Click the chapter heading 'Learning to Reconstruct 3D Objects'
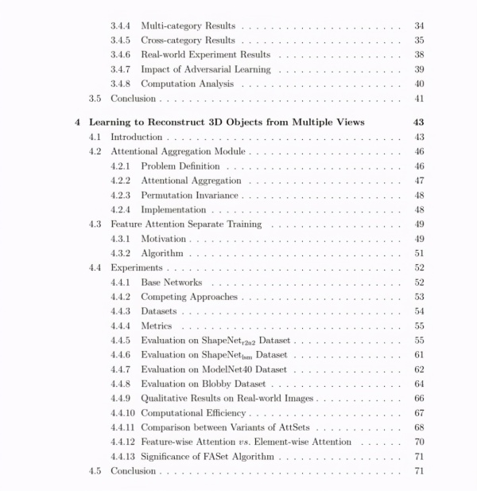(x=227, y=123)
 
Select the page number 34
(x=418, y=26)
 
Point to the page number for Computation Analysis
(x=418, y=84)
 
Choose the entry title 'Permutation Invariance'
(x=189, y=195)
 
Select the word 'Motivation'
(x=163, y=239)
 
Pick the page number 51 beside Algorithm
(x=418, y=253)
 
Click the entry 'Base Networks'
(x=171, y=283)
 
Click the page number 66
(x=418, y=398)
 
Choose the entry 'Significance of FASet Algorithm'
(x=207, y=456)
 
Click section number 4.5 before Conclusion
(x=95, y=471)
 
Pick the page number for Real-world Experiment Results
(x=418, y=55)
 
